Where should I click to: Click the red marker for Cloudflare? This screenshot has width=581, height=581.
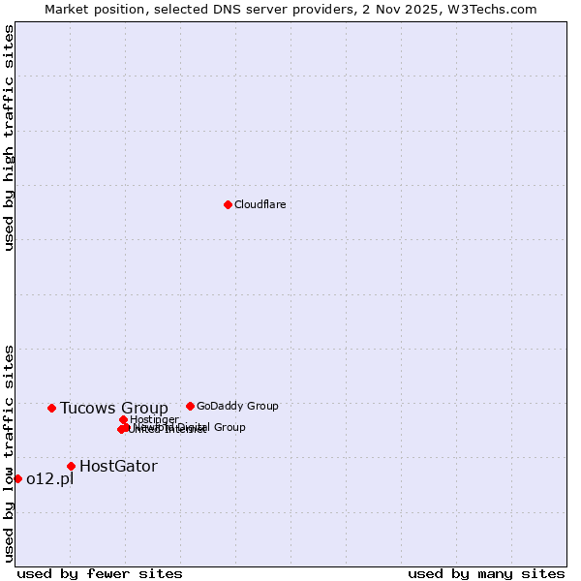click(228, 204)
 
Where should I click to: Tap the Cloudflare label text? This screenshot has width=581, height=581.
click(260, 205)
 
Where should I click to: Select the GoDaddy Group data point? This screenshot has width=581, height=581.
click(190, 406)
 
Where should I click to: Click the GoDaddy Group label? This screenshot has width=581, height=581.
click(237, 407)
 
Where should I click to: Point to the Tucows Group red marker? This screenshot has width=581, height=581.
click(51, 408)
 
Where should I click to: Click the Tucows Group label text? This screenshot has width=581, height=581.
click(113, 408)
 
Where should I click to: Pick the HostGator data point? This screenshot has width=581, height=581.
click(71, 466)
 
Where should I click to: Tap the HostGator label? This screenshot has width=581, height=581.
click(118, 467)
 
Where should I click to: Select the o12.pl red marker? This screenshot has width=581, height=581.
click(17, 478)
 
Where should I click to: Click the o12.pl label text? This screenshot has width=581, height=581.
click(49, 479)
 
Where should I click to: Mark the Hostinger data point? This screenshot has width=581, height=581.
click(124, 419)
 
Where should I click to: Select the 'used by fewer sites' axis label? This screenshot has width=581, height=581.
click(100, 573)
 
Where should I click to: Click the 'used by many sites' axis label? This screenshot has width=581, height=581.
click(486, 573)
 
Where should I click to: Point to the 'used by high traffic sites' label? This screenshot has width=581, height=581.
click(9, 138)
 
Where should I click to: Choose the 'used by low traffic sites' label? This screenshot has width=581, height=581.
click(9, 452)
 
